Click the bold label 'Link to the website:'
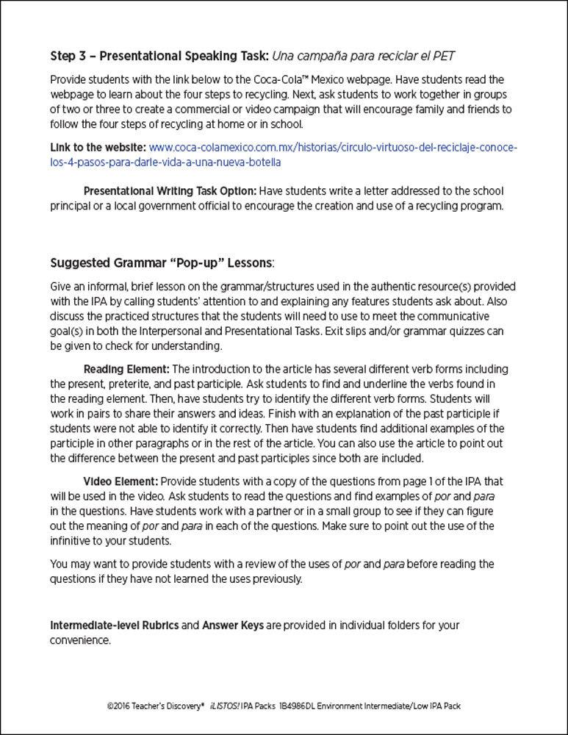tap(98, 147)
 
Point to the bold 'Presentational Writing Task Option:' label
tap(170, 191)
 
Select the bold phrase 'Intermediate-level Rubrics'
tap(114, 625)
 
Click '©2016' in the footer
tap(119, 706)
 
